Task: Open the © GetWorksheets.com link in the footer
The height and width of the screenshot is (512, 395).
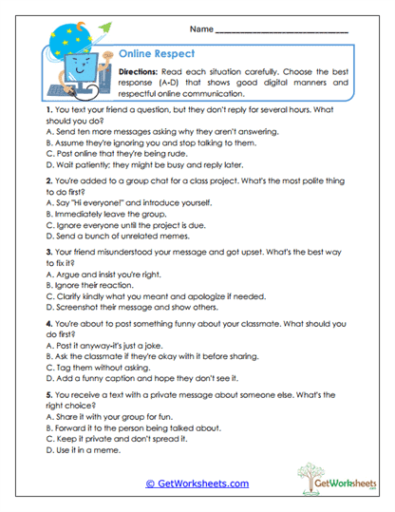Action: tap(197, 484)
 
